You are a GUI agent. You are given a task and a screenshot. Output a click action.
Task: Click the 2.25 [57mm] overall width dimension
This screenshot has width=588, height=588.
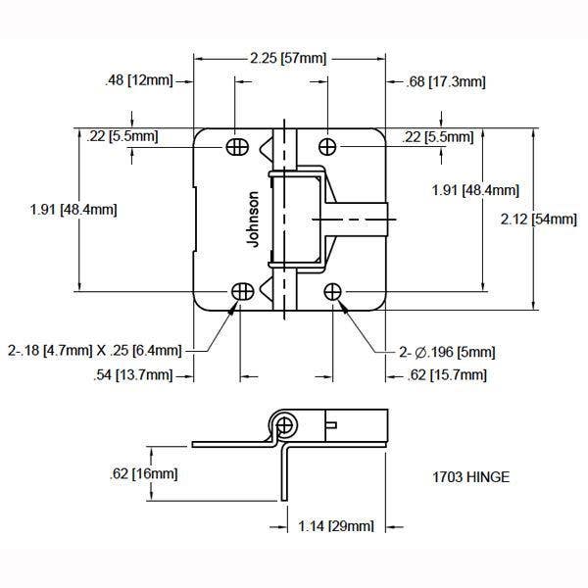[x=290, y=59]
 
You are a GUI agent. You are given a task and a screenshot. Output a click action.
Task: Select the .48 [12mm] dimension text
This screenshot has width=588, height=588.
[x=137, y=80]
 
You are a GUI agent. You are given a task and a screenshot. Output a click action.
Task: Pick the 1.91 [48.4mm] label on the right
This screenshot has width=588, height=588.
[x=475, y=190]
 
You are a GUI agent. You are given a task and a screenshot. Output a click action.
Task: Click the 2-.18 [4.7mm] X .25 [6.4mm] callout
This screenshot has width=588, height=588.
[x=94, y=350]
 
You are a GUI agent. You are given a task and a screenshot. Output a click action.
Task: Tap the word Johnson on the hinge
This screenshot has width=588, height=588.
[x=255, y=218]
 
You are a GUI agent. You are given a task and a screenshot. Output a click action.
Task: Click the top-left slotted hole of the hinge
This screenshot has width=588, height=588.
[x=237, y=146]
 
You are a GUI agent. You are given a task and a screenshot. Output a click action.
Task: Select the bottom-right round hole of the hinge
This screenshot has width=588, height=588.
[x=333, y=291]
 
